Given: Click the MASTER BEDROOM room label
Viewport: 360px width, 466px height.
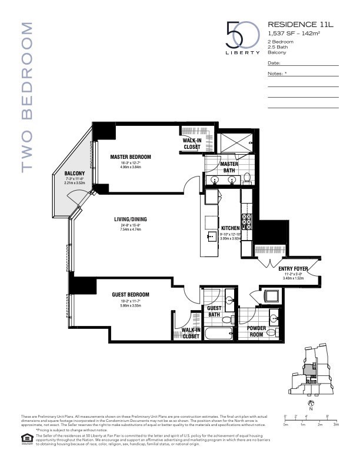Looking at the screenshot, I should click(x=131, y=157).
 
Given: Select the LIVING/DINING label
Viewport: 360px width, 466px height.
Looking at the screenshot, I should click(x=131, y=219).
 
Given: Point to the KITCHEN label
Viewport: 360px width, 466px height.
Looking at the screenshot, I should click(x=230, y=228).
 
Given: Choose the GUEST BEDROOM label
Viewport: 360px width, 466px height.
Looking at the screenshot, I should click(x=131, y=294).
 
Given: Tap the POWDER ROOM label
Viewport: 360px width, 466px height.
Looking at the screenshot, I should click(x=257, y=331).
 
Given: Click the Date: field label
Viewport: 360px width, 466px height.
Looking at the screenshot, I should click(x=274, y=62).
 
